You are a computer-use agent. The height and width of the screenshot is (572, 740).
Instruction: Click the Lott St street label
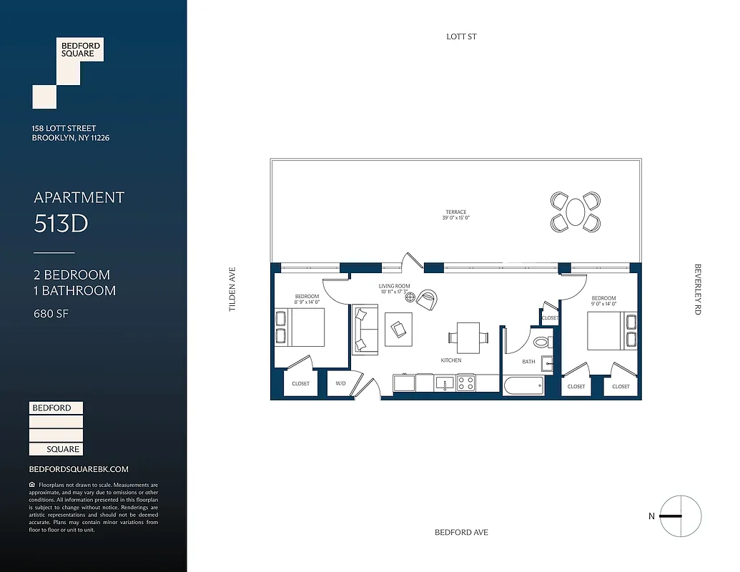pyautogui.click(x=461, y=36)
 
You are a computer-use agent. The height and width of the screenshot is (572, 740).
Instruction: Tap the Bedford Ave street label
pyautogui.click(x=461, y=533)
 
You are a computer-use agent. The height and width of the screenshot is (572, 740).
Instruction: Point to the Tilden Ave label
pyautogui.click(x=232, y=290)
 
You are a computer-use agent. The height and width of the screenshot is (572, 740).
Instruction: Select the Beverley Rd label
pyautogui.click(x=698, y=290)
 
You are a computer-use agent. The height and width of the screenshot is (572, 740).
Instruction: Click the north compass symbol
pyautogui.click(x=680, y=516)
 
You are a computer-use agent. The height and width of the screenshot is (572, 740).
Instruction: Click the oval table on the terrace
pyautogui.click(x=576, y=212)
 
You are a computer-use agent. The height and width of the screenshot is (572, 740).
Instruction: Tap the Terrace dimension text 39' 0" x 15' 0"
pyautogui.click(x=456, y=218)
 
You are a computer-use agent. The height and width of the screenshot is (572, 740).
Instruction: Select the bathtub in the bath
pyautogui.click(x=523, y=385)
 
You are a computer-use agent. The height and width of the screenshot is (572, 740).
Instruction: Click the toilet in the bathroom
pyautogui.click(x=543, y=342)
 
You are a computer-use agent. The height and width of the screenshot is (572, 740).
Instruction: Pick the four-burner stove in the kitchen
pyautogui.click(x=465, y=383)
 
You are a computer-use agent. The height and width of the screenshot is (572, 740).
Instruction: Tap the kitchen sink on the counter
pyautogui.click(x=444, y=384)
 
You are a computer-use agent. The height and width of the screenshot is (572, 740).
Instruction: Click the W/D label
pyautogui.click(x=341, y=384)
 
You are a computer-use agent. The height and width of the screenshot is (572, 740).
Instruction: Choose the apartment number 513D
pyautogui.click(x=61, y=224)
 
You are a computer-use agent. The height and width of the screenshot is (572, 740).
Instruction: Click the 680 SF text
pyautogui.click(x=51, y=313)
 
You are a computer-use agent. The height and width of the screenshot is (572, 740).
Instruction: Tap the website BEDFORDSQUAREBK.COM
pyautogui.click(x=79, y=469)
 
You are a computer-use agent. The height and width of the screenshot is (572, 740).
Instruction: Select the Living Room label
pyautogui.click(x=394, y=286)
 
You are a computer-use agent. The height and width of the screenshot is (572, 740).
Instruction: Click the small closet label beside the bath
pyautogui.click(x=550, y=317)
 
